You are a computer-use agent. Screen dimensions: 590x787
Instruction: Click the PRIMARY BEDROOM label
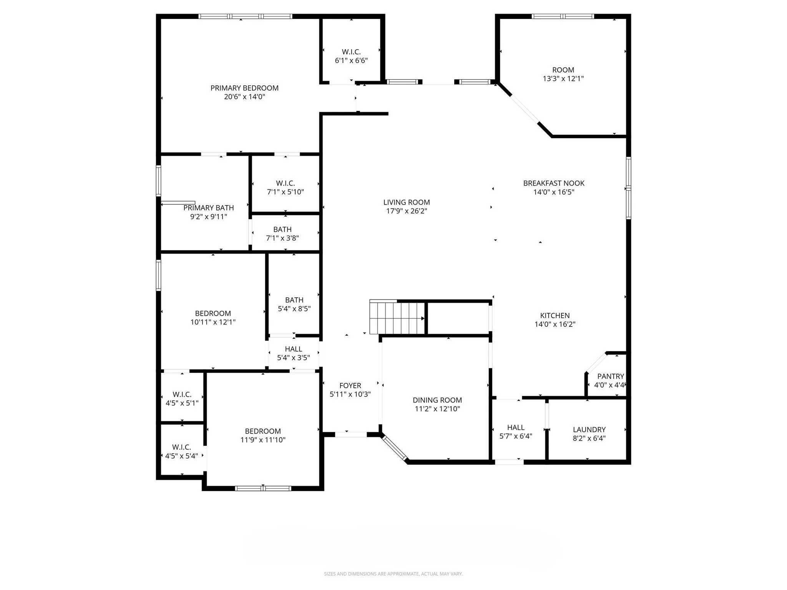click(x=244, y=88)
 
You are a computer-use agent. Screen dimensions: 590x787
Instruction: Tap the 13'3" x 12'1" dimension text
click(x=563, y=79)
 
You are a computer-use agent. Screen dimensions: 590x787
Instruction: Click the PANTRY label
click(x=610, y=376)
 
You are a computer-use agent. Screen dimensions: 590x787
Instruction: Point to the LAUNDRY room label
click(x=589, y=429)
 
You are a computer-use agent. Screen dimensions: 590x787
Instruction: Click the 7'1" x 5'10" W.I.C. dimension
click(x=285, y=192)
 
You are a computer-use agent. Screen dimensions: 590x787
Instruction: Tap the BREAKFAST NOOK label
click(x=553, y=183)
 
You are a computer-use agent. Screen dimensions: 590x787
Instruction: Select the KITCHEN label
click(x=555, y=315)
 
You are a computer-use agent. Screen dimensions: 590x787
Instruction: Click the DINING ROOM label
click(x=437, y=400)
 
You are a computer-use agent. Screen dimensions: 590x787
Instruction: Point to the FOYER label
click(x=350, y=385)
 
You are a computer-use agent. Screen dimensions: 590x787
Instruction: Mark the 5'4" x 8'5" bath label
click(x=294, y=300)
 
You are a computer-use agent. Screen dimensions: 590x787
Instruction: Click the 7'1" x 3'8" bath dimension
click(x=282, y=238)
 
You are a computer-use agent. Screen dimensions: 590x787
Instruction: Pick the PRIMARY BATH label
click(x=208, y=208)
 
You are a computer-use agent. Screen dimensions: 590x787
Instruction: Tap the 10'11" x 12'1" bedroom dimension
click(x=213, y=322)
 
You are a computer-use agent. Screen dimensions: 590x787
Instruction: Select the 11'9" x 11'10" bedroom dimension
click(x=263, y=440)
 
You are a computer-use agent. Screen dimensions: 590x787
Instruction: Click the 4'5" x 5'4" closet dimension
click(x=181, y=456)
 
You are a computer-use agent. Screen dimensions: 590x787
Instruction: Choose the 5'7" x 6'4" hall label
click(x=515, y=428)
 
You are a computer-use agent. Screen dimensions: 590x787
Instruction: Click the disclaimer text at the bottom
click(x=393, y=574)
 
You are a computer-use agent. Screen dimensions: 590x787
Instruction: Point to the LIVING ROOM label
click(x=406, y=202)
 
